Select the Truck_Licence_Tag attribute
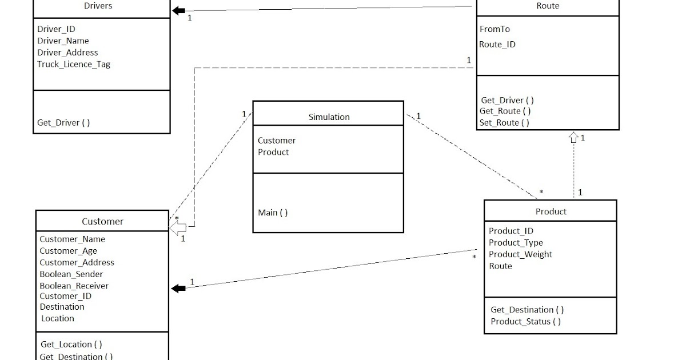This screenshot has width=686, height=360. [74, 64]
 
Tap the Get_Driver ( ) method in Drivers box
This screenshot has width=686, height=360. [63, 122]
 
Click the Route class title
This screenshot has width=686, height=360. [548, 6]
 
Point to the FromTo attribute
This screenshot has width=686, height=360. [494, 29]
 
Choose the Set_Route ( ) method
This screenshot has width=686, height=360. [504, 122]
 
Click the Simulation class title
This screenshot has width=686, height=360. [329, 117]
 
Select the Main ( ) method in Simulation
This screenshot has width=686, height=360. [273, 213]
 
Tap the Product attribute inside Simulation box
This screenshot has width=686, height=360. [273, 152]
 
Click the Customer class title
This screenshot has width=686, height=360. [102, 222]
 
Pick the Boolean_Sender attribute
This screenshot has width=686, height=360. [71, 274]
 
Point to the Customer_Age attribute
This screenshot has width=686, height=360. [68, 251]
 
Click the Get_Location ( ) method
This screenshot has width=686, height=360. [71, 345]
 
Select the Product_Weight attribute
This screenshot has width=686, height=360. [520, 254]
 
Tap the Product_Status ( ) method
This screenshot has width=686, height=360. [525, 322]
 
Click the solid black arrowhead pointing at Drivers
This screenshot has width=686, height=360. [179, 11]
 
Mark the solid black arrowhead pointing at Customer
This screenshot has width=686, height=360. [178, 289]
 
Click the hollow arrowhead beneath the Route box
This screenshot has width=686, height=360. [573, 137]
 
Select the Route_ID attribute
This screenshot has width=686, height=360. [497, 45]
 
